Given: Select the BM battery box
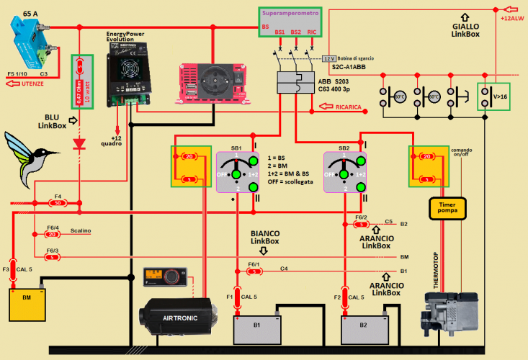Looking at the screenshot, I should [x=27, y=303].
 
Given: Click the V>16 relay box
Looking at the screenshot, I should [x=494, y=96].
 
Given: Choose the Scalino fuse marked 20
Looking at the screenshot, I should [x=52, y=234].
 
